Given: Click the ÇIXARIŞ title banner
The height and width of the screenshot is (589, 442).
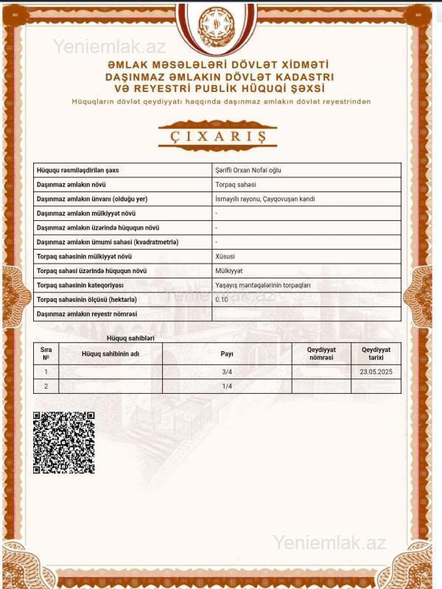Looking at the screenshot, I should click(x=217, y=136).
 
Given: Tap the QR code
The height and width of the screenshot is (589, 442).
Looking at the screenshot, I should click(x=64, y=442).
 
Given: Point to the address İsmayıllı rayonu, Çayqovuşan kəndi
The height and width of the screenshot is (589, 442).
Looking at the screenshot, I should click(x=265, y=199).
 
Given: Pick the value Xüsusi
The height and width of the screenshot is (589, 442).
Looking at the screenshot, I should click(x=225, y=256).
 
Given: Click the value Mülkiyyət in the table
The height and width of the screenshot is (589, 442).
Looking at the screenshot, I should click(x=228, y=270).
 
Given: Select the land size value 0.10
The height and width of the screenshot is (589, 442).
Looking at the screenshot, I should click(x=222, y=300).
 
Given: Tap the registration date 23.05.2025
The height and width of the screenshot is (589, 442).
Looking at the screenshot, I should click(x=376, y=372).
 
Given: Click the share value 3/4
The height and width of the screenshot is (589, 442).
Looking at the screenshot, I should click(x=227, y=372).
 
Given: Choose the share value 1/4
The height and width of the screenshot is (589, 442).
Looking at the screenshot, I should click(x=227, y=386).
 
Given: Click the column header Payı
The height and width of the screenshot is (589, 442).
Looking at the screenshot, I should click(x=227, y=353).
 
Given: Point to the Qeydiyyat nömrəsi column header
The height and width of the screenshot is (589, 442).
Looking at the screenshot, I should click(x=321, y=353).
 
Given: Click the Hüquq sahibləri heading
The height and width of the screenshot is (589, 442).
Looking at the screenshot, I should click(x=130, y=337).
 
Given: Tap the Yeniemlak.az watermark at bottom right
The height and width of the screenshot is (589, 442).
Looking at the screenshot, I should click(x=329, y=543).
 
